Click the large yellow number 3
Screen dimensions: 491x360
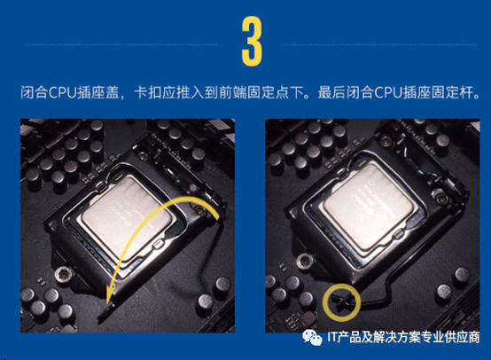(x=252, y=42)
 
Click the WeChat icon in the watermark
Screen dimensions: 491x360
(x=312, y=338)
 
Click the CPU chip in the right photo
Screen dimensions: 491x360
(x=369, y=205)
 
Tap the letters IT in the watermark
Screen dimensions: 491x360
(x=332, y=338)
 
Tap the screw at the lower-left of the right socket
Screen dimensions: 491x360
(x=303, y=260)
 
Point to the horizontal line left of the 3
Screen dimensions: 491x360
(x=121, y=45)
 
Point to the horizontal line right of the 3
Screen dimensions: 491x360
(x=381, y=45)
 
